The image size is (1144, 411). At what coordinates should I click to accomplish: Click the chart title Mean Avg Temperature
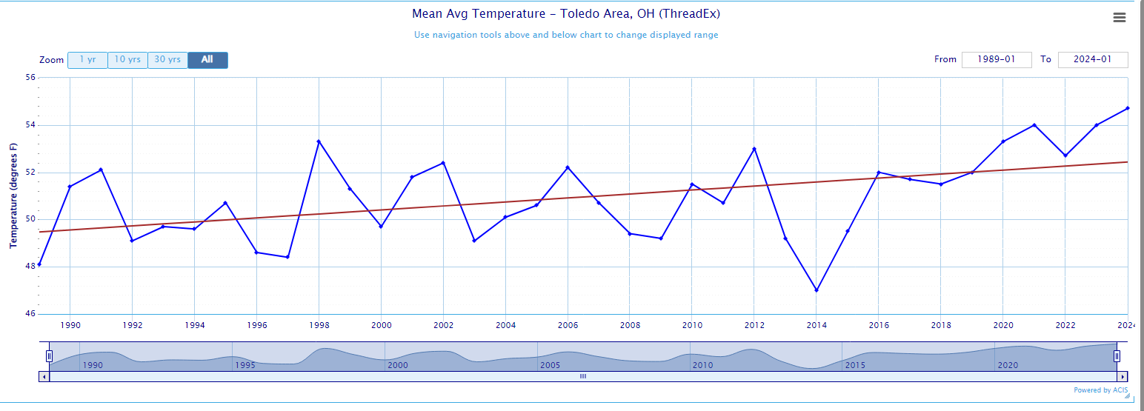[566, 14]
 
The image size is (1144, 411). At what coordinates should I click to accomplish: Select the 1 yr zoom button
[87, 60]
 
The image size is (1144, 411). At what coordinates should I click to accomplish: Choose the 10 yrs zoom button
[127, 60]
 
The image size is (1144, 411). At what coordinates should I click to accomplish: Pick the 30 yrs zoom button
[167, 60]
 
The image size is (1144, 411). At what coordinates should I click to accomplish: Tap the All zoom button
[207, 60]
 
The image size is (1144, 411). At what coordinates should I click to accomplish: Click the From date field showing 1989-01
[996, 60]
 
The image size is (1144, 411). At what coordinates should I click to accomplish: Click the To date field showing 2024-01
[1093, 60]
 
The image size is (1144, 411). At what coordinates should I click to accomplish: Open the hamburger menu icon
[1120, 18]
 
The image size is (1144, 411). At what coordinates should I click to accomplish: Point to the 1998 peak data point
[319, 141]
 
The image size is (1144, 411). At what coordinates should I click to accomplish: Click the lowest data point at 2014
[817, 290]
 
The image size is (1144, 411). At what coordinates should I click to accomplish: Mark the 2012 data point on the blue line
[754, 149]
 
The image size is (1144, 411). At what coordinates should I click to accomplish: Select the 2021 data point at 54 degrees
[1034, 125]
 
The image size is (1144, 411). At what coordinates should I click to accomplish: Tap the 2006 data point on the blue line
[568, 167]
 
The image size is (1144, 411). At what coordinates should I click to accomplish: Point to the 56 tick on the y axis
[30, 77]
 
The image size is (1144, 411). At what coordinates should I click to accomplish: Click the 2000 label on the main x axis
[381, 325]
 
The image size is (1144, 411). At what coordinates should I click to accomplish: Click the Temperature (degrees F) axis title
[13, 196]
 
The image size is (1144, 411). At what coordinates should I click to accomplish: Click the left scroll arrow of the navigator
[44, 376]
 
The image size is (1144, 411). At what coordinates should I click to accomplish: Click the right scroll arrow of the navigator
[1123, 376]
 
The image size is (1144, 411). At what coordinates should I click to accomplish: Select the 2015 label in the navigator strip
[855, 366]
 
